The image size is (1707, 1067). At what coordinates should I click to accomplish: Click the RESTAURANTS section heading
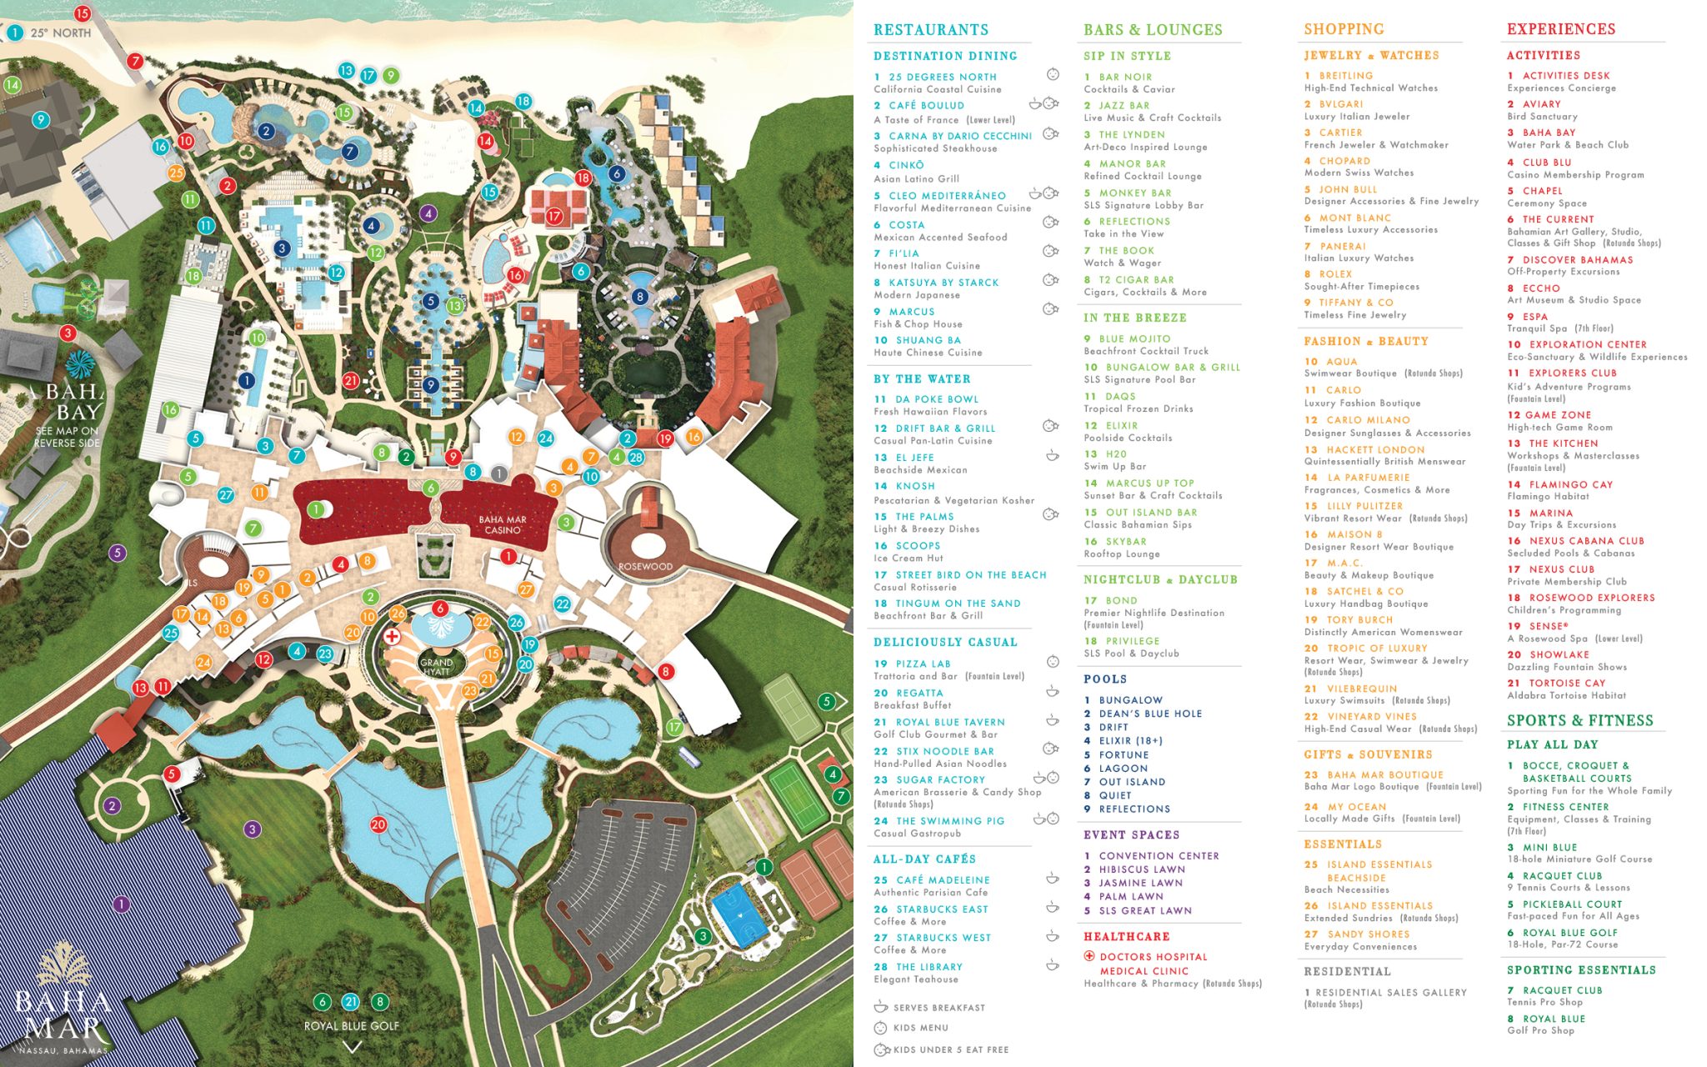930,30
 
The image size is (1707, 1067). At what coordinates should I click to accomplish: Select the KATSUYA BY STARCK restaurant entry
943,283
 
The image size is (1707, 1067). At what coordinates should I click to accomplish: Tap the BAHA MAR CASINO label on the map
503,524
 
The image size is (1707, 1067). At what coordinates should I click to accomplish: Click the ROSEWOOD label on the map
645,567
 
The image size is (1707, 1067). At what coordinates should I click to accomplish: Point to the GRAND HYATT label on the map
437,667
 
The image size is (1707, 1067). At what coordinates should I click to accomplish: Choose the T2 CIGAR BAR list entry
1135,280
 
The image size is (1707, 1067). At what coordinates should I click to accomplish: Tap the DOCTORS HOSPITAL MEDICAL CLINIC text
1152,964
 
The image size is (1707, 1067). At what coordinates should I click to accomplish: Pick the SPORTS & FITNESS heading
1579,721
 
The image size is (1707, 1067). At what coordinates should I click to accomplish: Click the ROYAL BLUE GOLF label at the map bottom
351,1026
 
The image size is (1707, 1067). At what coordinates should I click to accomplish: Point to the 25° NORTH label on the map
60,33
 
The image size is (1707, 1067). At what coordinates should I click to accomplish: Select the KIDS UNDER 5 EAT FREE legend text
950,1049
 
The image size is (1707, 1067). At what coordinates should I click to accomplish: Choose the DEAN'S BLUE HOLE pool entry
1149,714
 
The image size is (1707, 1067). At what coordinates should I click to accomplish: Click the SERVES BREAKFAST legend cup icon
880,1007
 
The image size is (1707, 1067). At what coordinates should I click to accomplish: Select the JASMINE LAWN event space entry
1140,883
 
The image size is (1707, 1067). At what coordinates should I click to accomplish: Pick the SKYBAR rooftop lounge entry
1128,542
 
